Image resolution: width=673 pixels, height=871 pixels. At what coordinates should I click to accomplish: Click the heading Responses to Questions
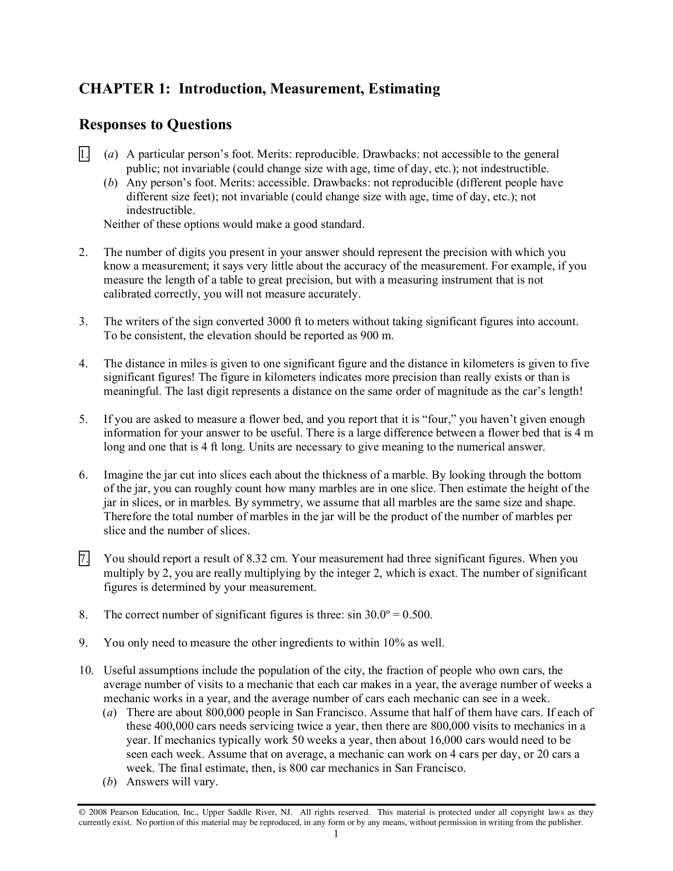(x=155, y=125)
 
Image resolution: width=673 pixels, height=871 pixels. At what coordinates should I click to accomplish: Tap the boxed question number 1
(x=84, y=155)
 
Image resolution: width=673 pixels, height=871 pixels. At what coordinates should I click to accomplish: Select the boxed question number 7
(x=84, y=559)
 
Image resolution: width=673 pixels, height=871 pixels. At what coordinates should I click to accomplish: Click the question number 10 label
(x=86, y=671)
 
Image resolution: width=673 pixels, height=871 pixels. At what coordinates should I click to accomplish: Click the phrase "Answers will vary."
(x=172, y=782)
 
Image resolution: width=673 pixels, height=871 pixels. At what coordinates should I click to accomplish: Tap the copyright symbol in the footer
(x=82, y=812)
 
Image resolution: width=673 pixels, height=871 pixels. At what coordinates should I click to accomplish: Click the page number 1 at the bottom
(x=336, y=834)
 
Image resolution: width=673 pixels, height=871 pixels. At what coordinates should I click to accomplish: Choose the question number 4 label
(x=84, y=364)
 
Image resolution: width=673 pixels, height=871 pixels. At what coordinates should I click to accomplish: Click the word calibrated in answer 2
(x=127, y=295)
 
